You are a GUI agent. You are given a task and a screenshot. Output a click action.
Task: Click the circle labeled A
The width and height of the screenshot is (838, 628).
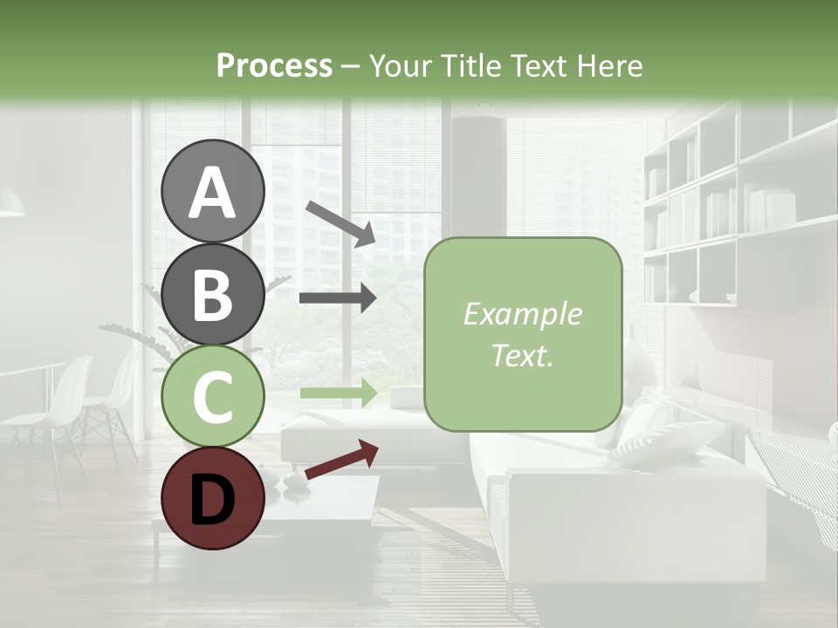point(214,191)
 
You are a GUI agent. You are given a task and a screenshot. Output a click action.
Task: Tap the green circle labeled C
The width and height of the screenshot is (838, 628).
point(214,396)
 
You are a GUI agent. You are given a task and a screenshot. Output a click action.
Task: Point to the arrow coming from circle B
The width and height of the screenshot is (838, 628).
point(338,297)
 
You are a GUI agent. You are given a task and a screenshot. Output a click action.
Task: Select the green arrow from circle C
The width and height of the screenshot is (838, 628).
point(338,392)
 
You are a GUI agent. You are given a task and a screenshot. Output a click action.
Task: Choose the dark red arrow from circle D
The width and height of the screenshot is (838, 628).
point(341,460)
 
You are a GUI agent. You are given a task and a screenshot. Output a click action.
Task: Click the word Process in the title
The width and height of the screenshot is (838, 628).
point(274,65)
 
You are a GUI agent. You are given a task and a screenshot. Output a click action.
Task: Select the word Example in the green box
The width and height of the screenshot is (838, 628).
point(522,314)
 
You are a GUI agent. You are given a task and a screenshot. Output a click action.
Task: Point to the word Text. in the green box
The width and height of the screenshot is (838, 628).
point(522,355)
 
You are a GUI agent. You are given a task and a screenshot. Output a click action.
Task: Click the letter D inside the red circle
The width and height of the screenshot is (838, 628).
point(214,498)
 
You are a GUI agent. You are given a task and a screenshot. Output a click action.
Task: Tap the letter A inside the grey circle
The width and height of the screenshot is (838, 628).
point(214,192)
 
